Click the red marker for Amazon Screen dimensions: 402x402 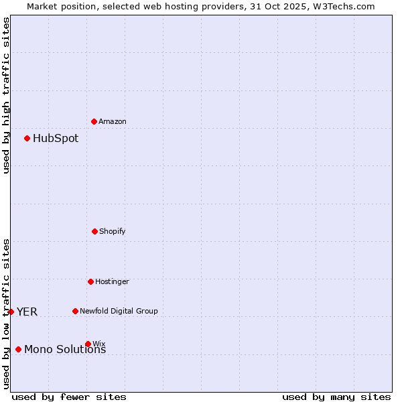pyautogui.click(x=94, y=121)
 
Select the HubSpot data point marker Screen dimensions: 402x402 pyautogui.click(x=27, y=138)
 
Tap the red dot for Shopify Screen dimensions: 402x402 pyautogui.click(x=94, y=231)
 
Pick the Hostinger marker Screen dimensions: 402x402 pyautogui.click(x=90, y=281)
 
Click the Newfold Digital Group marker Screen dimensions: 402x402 pyautogui.click(x=75, y=311)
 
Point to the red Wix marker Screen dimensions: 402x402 pyautogui.click(x=88, y=344)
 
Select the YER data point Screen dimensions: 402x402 pyautogui.click(x=11, y=312)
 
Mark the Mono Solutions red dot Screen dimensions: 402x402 pyautogui.click(x=18, y=349)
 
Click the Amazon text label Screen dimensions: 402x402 pyautogui.click(x=113, y=121)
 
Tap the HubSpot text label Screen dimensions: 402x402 pyautogui.click(x=56, y=139)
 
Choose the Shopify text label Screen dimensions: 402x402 pyautogui.click(x=113, y=231)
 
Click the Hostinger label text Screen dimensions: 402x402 pyautogui.click(x=112, y=281)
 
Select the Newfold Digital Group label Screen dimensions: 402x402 pyautogui.click(x=119, y=311)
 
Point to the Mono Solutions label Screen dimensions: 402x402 pyautogui.click(x=65, y=350)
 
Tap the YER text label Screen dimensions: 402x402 pyautogui.click(x=27, y=312)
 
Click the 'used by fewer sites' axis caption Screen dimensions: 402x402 pyautogui.click(x=69, y=397)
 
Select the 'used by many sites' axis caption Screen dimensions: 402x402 pyautogui.click(x=336, y=397)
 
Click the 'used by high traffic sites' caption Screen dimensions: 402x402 pyautogui.click(x=6, y=95)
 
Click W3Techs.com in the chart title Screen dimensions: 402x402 pyautogui.click(x=342, y=6)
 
